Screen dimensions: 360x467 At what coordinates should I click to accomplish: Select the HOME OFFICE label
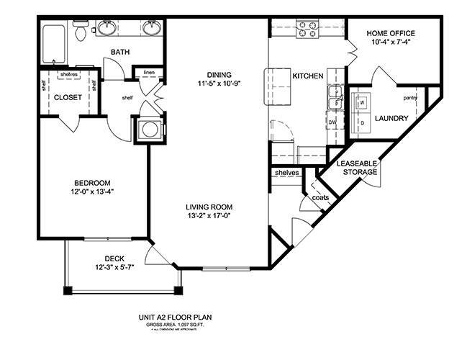pyautogui.click(x=391, y=33)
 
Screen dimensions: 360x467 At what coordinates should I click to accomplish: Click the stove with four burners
pyautogui.click(x=308, y=29)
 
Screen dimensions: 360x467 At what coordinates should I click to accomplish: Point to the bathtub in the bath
pyautogui.click(x=54, y=45)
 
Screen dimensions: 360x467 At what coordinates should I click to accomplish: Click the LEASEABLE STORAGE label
pyautogui.click(x=353, y=168)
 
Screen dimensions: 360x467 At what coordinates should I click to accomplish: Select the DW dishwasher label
pyautogui.click(x=332, y=122)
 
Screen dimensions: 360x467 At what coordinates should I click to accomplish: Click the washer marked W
pyautogui.click(x=362, y=102)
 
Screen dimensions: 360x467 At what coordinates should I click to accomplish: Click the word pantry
pyautogui.click(x=411, y=97)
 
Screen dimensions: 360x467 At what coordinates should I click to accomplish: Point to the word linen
pyautogui.click(x=148, y=72)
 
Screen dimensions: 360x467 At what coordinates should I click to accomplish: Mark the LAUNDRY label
pyautogui.click(x=391, y=118)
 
